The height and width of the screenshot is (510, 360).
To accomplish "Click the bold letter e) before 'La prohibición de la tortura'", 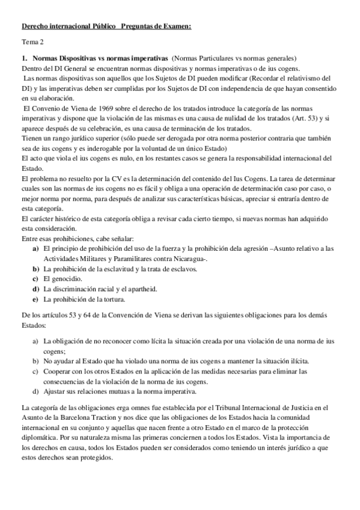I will point(35,299).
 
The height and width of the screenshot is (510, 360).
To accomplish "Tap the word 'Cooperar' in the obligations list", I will point(59,371).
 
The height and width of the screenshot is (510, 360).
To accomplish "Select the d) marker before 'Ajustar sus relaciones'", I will point(35,391).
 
